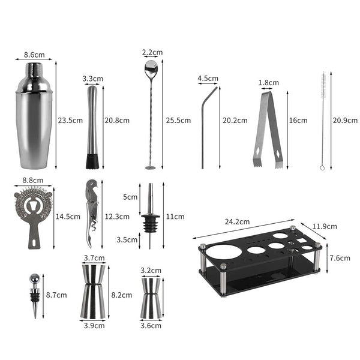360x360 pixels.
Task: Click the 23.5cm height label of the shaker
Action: coord(70,120)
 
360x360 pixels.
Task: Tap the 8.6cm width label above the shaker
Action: coord(34,55)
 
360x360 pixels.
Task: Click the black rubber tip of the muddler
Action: coord(92,161)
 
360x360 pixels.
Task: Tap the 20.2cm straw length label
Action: coord(235,120)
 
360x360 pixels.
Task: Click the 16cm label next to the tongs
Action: coord(298,120)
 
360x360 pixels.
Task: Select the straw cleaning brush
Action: coord(322,120)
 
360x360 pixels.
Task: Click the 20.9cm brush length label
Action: coord(345,120)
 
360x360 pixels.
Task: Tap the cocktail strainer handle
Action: coord(34,237)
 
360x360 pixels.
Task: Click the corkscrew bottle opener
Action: coord(90,210)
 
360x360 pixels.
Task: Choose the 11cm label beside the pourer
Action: coord(174,216)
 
